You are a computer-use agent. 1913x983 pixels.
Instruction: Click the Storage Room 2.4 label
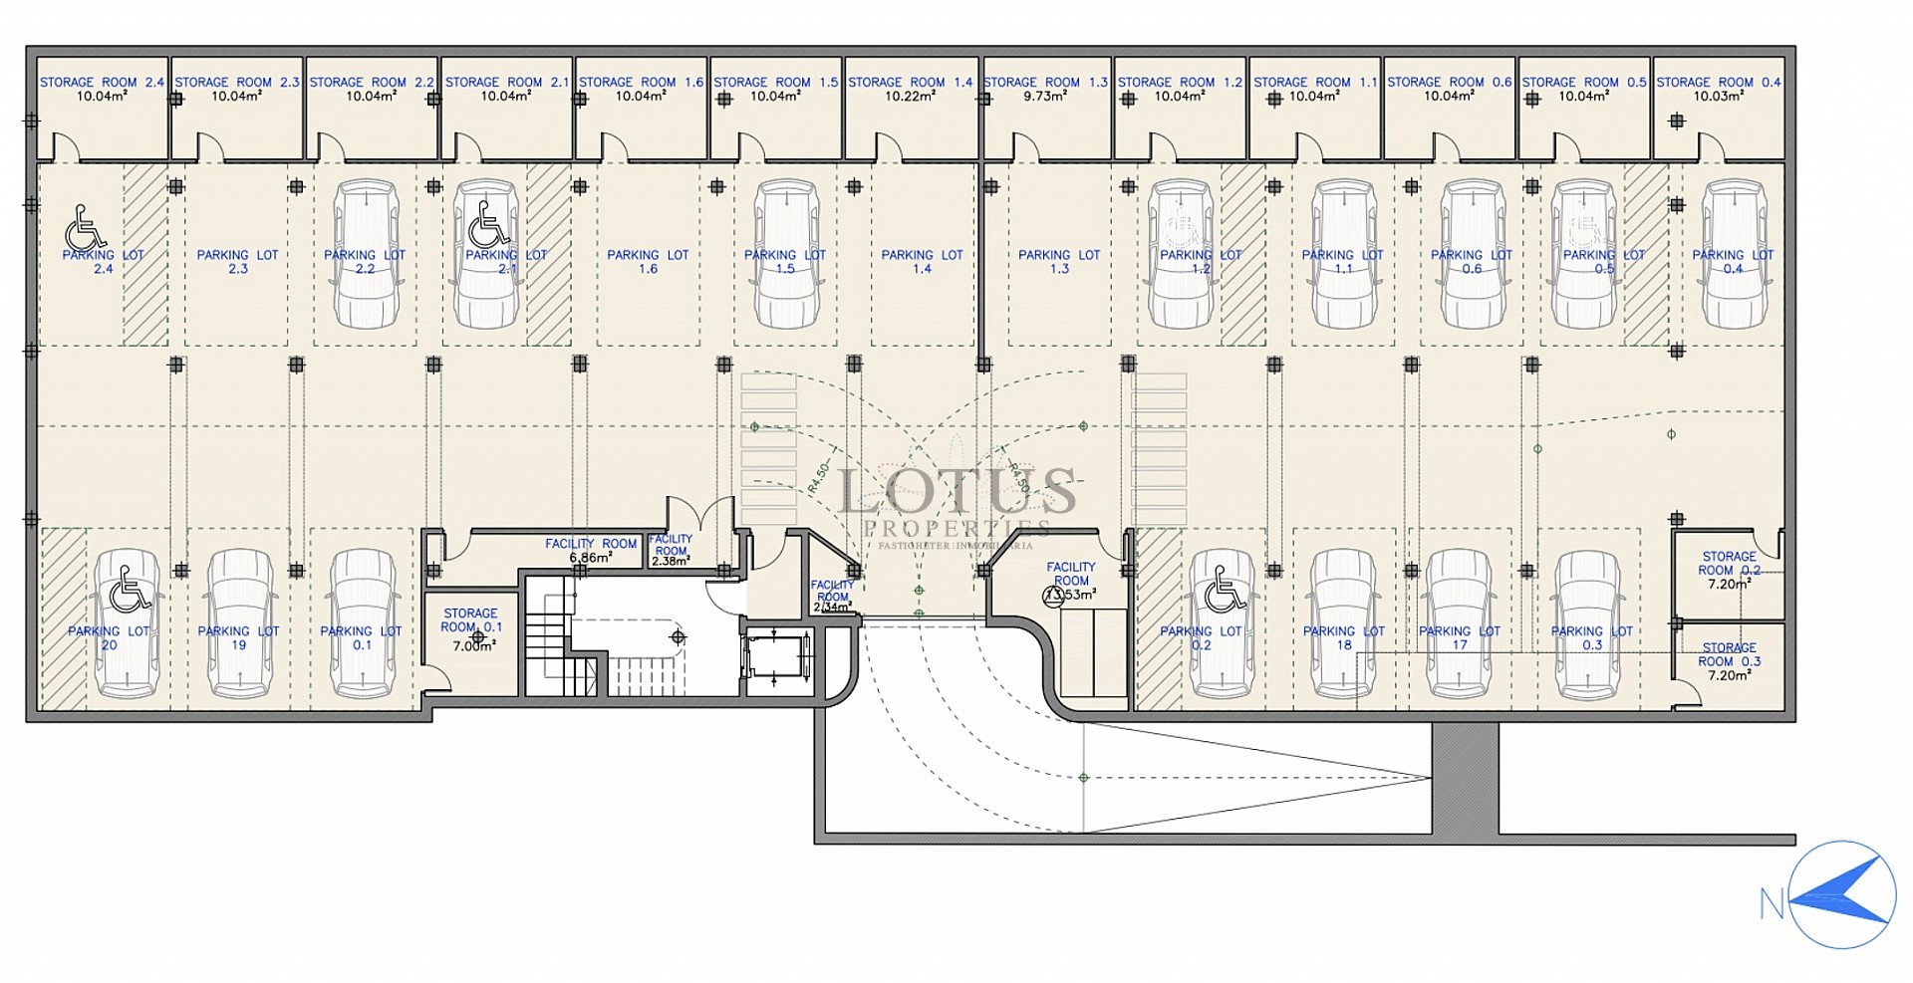(102, 83)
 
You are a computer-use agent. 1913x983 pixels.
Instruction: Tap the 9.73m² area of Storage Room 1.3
(1045, 97)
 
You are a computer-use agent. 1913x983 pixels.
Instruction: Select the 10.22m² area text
(911, 97)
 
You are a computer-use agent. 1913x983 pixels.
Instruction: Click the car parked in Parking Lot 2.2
(365, 254)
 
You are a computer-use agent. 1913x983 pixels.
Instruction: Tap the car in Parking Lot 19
(239, 623)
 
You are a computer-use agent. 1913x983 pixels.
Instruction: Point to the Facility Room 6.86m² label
(591, 550)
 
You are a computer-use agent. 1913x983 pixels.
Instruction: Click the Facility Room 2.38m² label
(671, 550)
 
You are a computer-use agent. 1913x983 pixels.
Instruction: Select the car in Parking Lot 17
(1459, 623)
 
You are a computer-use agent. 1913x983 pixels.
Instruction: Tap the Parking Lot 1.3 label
(1059, 261)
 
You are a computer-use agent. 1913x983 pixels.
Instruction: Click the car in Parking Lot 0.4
(1734, 254)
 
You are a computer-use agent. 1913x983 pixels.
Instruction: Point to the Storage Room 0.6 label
(1450, 83)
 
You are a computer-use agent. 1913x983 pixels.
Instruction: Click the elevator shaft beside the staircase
(777, 658)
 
